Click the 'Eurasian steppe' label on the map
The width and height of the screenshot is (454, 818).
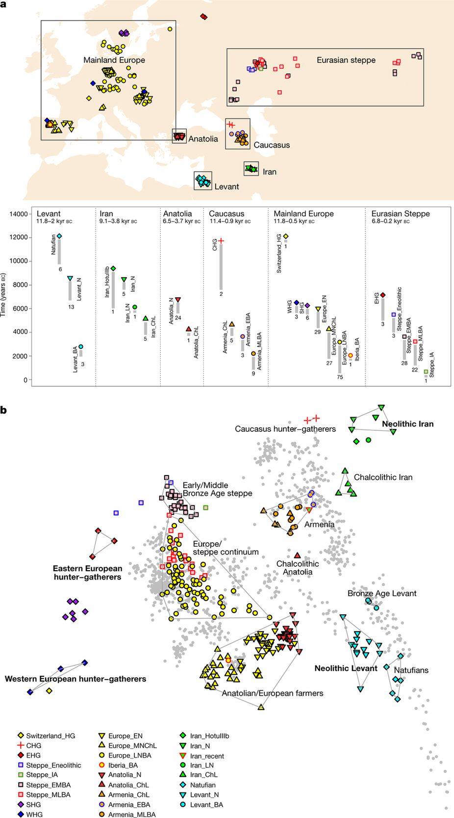pos(346,60)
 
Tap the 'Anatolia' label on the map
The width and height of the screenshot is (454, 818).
pos(203,139)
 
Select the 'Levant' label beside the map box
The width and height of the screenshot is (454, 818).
pos(227,186)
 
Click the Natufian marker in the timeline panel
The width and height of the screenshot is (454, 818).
pos(60,236)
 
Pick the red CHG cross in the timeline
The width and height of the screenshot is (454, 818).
pos(221,240)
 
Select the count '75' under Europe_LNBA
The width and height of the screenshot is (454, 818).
pos(340,377)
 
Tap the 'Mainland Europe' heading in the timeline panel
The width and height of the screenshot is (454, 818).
pos(303,214)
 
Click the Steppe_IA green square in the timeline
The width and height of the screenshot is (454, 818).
pos(426,371)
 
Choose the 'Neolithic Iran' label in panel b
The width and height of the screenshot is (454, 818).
pos(407,424)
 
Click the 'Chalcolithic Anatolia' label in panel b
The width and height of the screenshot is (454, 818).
pos(297,568)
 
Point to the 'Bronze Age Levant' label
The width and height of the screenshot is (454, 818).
pos(382,593)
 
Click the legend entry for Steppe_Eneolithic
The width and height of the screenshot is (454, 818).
pos(53,765)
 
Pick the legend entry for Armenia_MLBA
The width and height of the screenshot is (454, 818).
pos(129,815)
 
